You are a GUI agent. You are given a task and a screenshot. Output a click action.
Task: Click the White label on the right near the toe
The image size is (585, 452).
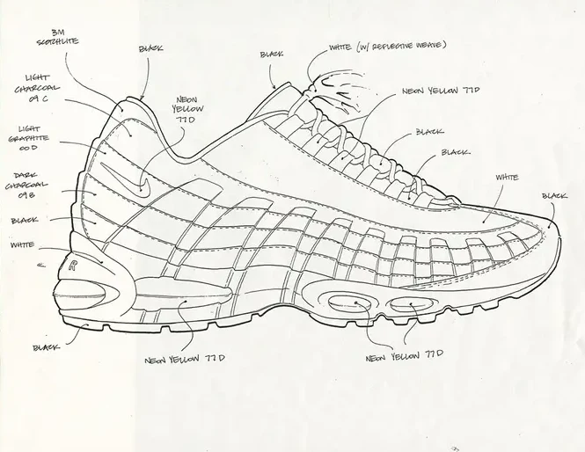coord(507,178)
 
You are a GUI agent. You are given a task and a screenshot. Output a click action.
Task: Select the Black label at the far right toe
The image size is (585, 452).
coord(554,196)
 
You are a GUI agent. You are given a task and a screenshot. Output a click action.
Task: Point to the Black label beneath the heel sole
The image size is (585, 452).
coord(46,347)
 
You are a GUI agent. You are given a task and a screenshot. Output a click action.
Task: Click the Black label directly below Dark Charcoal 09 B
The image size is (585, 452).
coord(24,220)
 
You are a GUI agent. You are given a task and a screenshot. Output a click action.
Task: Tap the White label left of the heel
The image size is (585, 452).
coord(23,245)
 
